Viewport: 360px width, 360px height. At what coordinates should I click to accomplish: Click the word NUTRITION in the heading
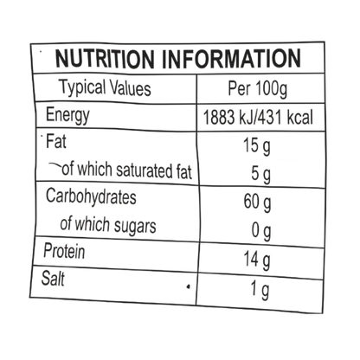click(x=105, y=59)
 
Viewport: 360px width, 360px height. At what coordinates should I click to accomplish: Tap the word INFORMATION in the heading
click(x=231, y=59)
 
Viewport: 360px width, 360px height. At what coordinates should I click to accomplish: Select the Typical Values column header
click(x=105, y=87)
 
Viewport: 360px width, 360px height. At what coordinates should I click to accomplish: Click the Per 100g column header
click(x=258, y=88)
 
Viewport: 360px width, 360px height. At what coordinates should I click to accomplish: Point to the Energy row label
click(x=67, y=115)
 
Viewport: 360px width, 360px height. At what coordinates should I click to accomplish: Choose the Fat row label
click(x=56, y=141)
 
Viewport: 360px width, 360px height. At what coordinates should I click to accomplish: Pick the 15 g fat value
click(x=257, y=146)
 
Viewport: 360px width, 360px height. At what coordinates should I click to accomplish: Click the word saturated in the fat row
click(x=144, y=170)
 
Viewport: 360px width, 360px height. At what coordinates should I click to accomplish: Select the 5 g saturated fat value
click(x=261, y=175)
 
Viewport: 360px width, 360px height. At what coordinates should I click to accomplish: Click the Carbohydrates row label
click(x=91, y=197)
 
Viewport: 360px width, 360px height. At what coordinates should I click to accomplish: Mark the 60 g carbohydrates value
click(x=257, y=202)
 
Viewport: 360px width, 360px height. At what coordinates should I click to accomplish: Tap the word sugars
click(x=135, y=226)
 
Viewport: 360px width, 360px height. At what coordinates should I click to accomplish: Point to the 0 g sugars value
click(x=261, y=231)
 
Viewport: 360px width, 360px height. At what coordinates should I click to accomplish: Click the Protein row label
click(x=64, y=251)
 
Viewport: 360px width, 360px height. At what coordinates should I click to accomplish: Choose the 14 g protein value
click(x=257, y=260)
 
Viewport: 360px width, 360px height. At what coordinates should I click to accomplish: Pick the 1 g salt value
click(x=260, y=290)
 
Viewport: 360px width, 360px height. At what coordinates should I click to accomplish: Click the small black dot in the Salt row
click(x=189, y=286)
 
